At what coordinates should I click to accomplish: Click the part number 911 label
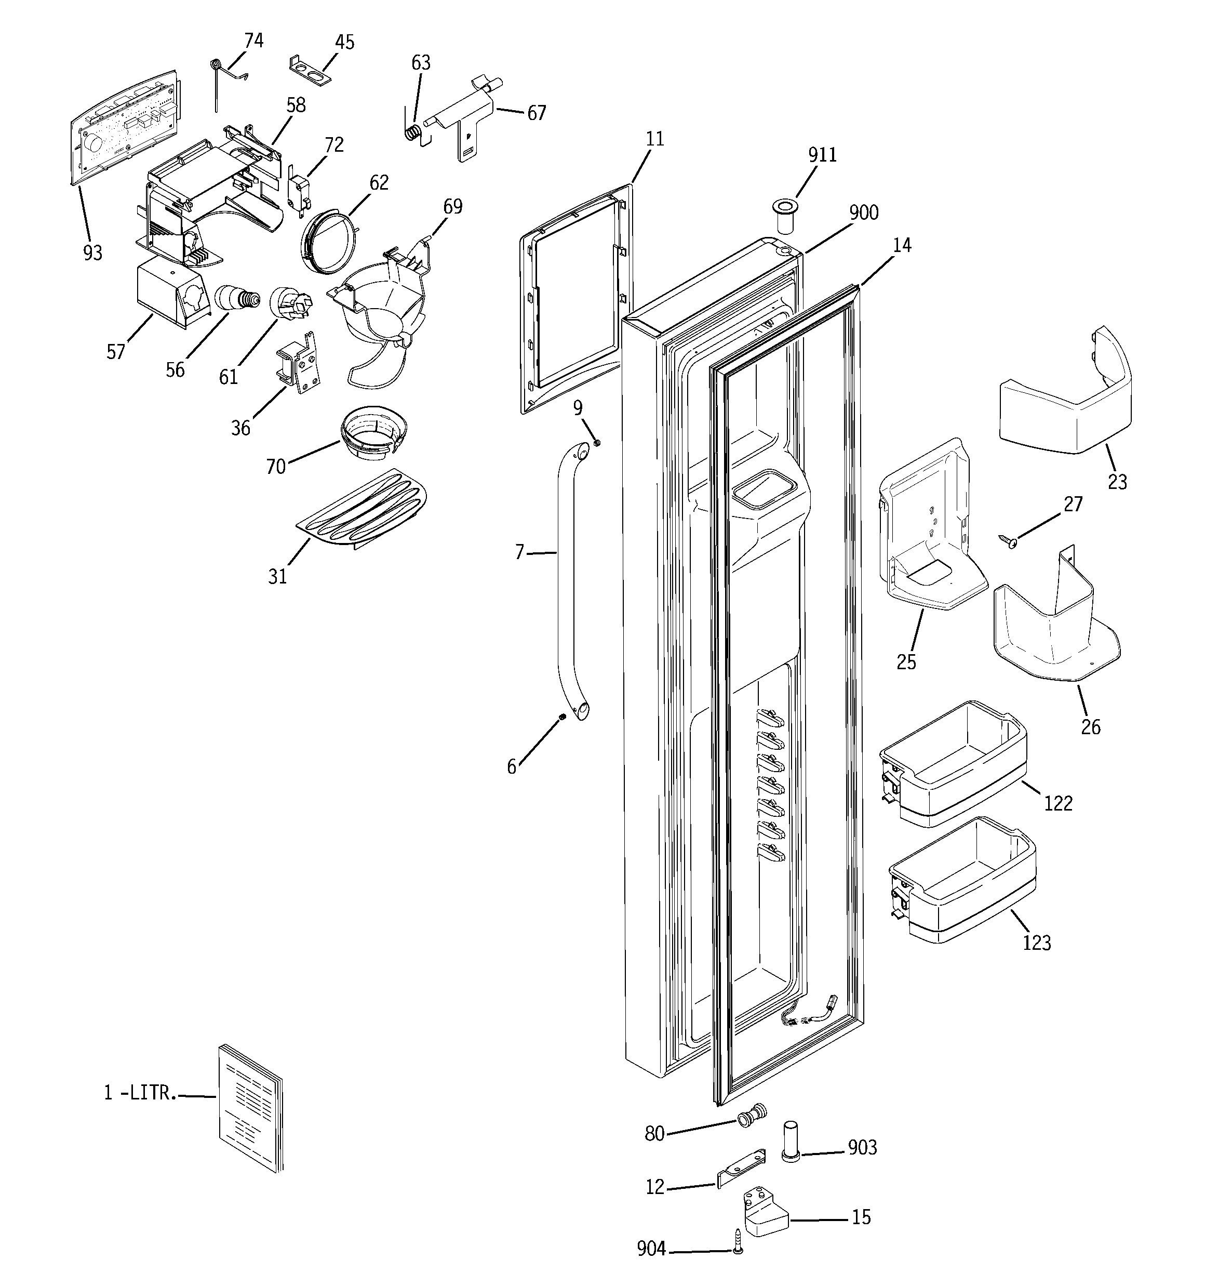tap(822, 155)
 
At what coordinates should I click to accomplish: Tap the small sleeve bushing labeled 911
tap(785, 219)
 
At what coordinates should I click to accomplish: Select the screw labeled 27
tap(1008, 541)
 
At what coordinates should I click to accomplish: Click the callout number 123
tap(1036, 943)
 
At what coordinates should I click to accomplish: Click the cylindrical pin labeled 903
tap(792, 1141)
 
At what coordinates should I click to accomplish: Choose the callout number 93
tap(93, 253)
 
